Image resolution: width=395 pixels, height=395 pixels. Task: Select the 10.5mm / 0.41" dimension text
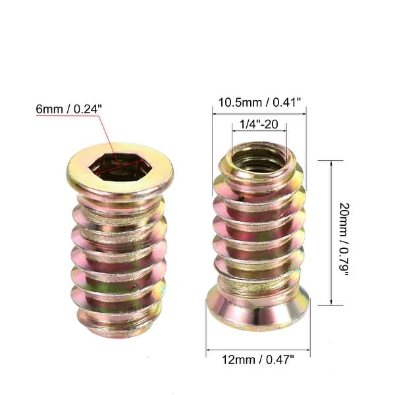tap(259, 102)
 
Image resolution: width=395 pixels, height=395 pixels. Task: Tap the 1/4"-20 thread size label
tap(258, 122)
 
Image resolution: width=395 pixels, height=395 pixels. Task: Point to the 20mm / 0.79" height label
tap(344, 232)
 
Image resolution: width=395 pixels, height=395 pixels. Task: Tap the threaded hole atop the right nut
tap(257, 159)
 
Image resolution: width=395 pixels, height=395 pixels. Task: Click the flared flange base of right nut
tap(257, 312)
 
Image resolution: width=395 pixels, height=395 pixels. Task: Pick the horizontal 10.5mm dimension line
tap(259, 113)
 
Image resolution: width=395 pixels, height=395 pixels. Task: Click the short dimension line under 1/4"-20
tap(258, 131)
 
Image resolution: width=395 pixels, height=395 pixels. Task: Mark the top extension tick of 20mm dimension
tap(330, 160)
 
